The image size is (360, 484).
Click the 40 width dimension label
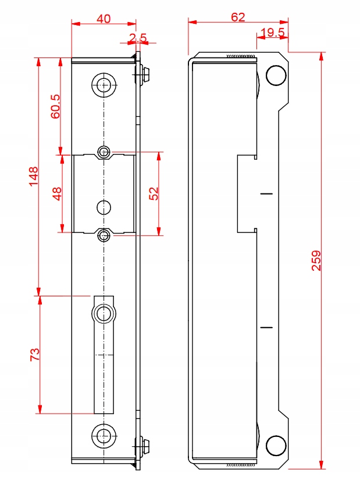click(x=104, y=19)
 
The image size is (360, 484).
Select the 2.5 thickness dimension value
click(x=138, y=38)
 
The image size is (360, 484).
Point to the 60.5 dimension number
click(x=56, y=106)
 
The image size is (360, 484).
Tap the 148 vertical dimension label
click(x=33, y=176)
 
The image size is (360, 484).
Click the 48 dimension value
click(x=57, y=194)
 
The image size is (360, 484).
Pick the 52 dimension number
click(x=154, y=193)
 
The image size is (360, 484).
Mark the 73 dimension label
click(x=35, y=354)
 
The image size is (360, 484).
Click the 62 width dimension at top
click(x=238, y=17)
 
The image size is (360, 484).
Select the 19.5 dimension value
click(x=273, y=32)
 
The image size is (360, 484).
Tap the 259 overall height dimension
click(x=316, y=260)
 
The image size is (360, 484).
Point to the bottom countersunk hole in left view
click(x=104, y=436)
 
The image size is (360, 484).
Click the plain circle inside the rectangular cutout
click(x=104, y=207)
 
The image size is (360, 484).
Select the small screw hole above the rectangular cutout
click(x=104, y=152)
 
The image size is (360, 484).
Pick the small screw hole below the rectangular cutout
click(x=104, y=236)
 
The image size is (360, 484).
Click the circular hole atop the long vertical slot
click(x=104, y=314)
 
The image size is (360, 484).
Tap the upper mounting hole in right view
click(x=276, y=76)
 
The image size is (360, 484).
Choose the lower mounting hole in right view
click(x=276, y=446)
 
